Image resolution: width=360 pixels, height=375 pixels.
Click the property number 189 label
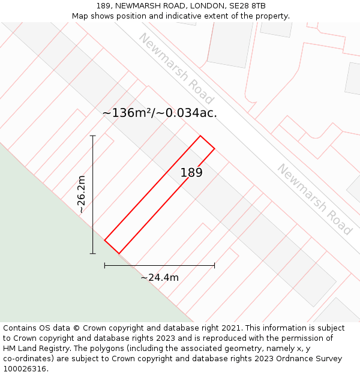coord(191,173)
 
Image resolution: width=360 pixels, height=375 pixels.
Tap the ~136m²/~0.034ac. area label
coord(160,112)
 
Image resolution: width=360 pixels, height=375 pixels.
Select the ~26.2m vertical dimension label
coord(82,194)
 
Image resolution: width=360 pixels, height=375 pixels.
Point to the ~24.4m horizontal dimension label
coord(160,277)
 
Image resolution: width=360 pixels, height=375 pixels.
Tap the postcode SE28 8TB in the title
coord(245,6)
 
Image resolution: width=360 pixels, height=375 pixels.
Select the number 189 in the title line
coord(103,6)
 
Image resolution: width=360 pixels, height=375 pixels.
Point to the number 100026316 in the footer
coord(25,369)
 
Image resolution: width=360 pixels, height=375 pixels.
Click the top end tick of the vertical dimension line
coord(92,136)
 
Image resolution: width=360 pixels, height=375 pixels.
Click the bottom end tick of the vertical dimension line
coord(92,253)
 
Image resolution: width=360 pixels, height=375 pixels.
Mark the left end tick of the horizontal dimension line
coord(104,265)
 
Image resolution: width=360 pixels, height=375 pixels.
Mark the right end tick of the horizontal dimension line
coord(214,265)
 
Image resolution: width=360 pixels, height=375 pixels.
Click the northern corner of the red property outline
coord(200,136)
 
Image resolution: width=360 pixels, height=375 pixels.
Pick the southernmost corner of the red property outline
coord(119,253)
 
